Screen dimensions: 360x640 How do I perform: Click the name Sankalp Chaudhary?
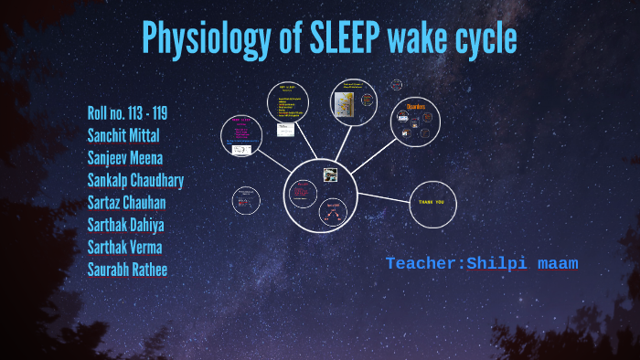coord(135,180)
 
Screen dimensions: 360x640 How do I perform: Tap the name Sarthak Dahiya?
coord(125,225)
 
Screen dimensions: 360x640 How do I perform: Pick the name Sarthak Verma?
coord(125,247)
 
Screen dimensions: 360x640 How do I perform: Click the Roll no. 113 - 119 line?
coord(127,113)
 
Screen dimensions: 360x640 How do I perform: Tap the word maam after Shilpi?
coord(557,264)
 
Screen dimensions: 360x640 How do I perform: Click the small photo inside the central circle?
coord(330,174)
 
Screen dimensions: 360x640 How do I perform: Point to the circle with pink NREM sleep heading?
coord(242,134)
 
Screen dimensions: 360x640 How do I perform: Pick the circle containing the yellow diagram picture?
coord(353,101)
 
